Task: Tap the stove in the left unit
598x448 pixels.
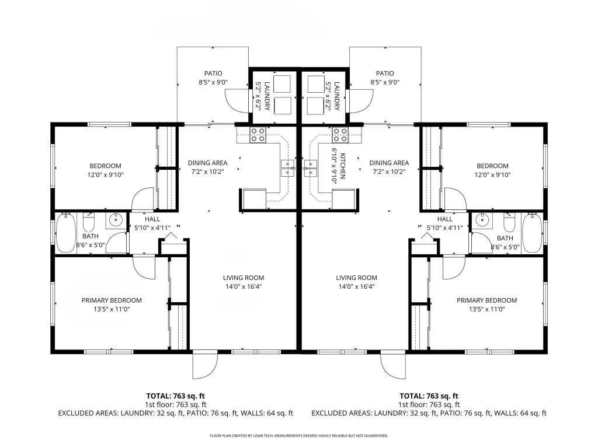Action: point(258,135)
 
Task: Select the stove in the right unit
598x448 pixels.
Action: point(340,135)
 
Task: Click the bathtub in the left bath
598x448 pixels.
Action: point(65,232)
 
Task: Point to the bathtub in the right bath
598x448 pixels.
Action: point(532,232)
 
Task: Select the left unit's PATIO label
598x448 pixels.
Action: point(213,73)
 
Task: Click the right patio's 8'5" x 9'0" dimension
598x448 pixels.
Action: point(385,82)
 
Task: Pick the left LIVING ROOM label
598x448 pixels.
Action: point(244,278)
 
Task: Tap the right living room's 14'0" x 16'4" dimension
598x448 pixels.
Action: point(357,286)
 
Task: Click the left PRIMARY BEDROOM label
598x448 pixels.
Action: point(112,300)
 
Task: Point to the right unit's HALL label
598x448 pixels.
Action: point(444,219)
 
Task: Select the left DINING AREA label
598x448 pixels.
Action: point(207,163)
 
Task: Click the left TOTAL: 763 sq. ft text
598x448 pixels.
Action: point(175,396)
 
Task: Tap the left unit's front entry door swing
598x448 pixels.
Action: point(205,366)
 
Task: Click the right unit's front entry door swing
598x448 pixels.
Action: point(394,366)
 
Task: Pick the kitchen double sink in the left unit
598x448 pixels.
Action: point(287,169)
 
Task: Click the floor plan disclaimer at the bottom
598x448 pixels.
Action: point(299,435)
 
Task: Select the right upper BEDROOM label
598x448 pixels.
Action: point(492,166)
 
